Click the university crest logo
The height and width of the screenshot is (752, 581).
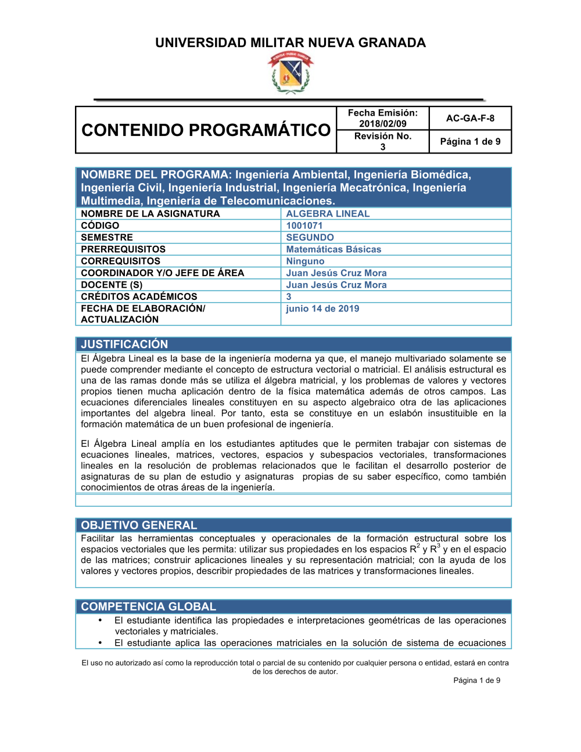coord(290,73)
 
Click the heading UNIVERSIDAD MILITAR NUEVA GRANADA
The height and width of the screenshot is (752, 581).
coord(290,42)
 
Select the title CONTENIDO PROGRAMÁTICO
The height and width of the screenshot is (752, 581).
coord(206,130)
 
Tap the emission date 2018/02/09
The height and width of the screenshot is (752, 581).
coord(382,123)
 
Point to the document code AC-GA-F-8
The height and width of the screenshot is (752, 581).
coord(470,118)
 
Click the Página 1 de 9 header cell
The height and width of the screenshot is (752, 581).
coord(470,141)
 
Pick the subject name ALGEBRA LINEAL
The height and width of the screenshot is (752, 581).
coord(328,213)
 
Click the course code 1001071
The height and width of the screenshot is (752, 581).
coord(304,225)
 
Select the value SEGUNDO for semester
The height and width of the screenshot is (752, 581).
coord(310,237)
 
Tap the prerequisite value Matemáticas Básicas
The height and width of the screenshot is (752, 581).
coord(333,249)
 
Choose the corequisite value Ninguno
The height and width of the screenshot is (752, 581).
coord(305,261)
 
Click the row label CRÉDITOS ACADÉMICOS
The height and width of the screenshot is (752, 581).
coord(139,296)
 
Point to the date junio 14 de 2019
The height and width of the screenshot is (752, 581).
coord(322,309)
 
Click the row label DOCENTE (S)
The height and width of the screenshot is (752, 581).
coord(112,285)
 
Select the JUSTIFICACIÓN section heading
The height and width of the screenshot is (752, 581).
coord(124,344)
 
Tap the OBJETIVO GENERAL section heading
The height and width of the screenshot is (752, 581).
coord(139,525)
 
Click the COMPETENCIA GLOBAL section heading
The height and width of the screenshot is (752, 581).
coord(148,606)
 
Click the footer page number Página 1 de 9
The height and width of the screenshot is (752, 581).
coord(476,680)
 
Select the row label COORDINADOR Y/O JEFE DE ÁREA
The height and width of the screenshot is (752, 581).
coord(162,273)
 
